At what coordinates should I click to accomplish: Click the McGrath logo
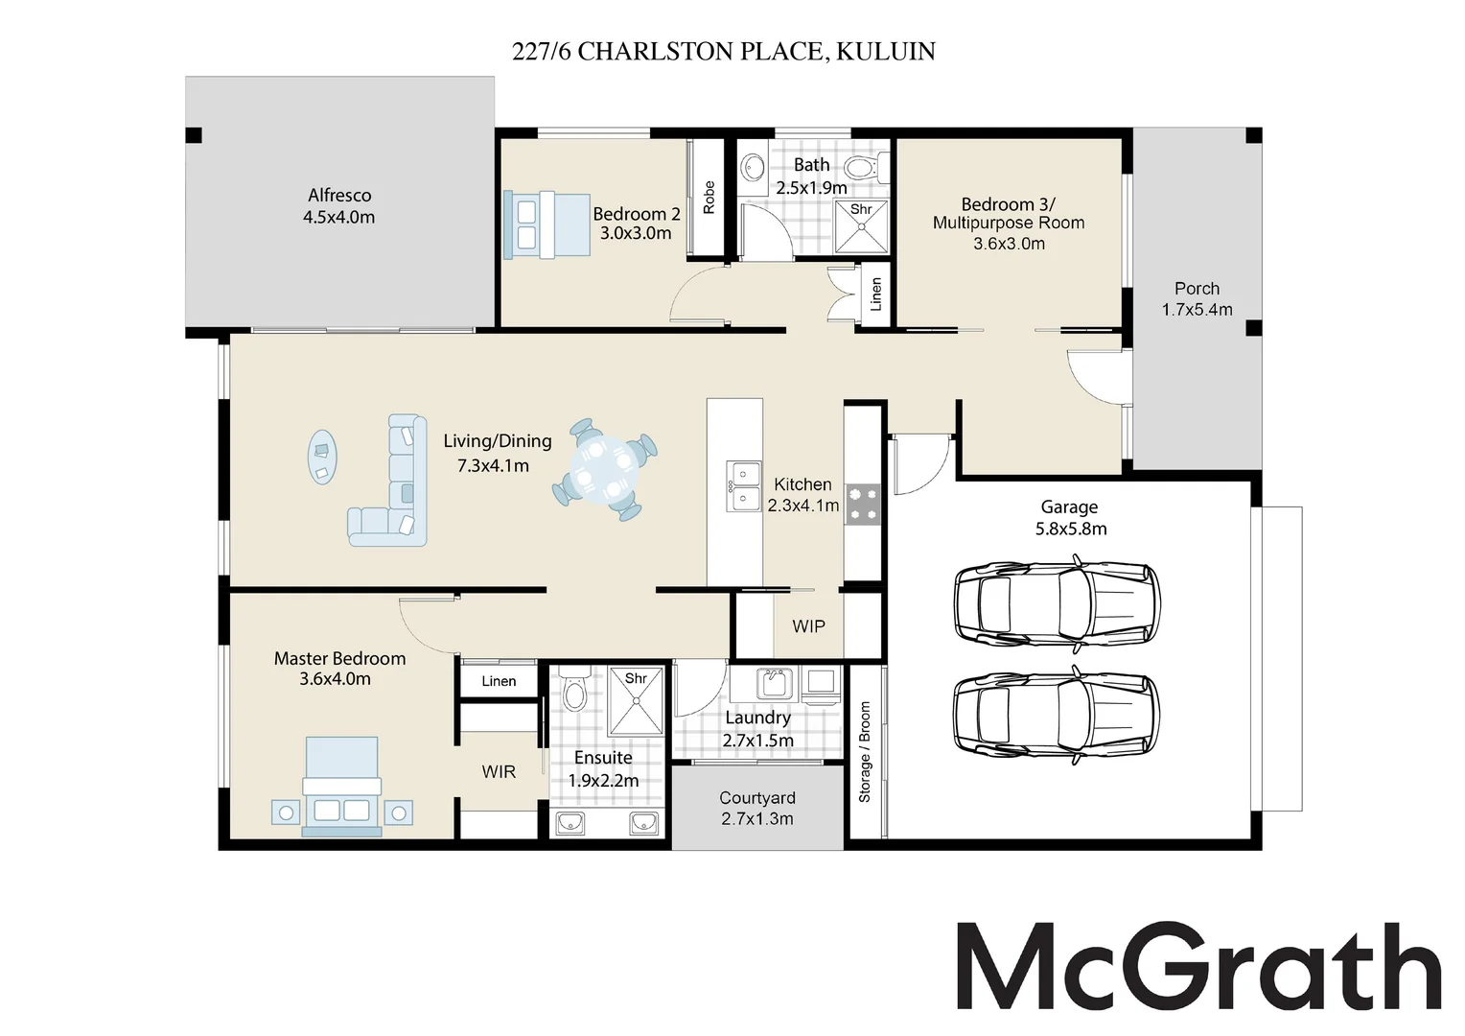pyautogui.click(x=1198, y=966)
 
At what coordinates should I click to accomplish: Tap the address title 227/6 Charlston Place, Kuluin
pyautogui.click(x=723, y=51)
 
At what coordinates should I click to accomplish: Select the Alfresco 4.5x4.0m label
pyautogui.click(x=338, y=205)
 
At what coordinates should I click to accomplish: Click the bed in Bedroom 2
pyautogui.click(x=546, y=224)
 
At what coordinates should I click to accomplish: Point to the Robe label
pyautogui.click(x=709, y=197)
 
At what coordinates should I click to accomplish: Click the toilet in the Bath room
pyautogui.click(x=867, y=168)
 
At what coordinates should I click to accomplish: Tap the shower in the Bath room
pyautogui.click(x=862, y=226)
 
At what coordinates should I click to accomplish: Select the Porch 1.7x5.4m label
pyautogui.click(x=1197, y=299)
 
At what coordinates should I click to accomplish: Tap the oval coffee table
pyautogui.click(x=322, y=457)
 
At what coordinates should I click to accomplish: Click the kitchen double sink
pyautogui.click(x=743, y=485)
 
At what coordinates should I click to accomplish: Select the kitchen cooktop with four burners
pyautogui.click(x=862, y=504)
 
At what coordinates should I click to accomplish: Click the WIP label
pyautogui.click(x=808, y=626)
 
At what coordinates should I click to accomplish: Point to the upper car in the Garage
pyautogui.click(x=1057, y=603)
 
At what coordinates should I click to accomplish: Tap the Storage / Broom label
pyautogui.click(x=864, y=752)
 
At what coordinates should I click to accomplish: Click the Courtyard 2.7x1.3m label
pyautogui.click(x=757, y=809)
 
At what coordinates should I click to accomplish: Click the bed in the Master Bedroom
pyautogui.click(x=341, y=787)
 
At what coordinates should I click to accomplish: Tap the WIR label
pyautogui.click(x=499, y=771)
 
